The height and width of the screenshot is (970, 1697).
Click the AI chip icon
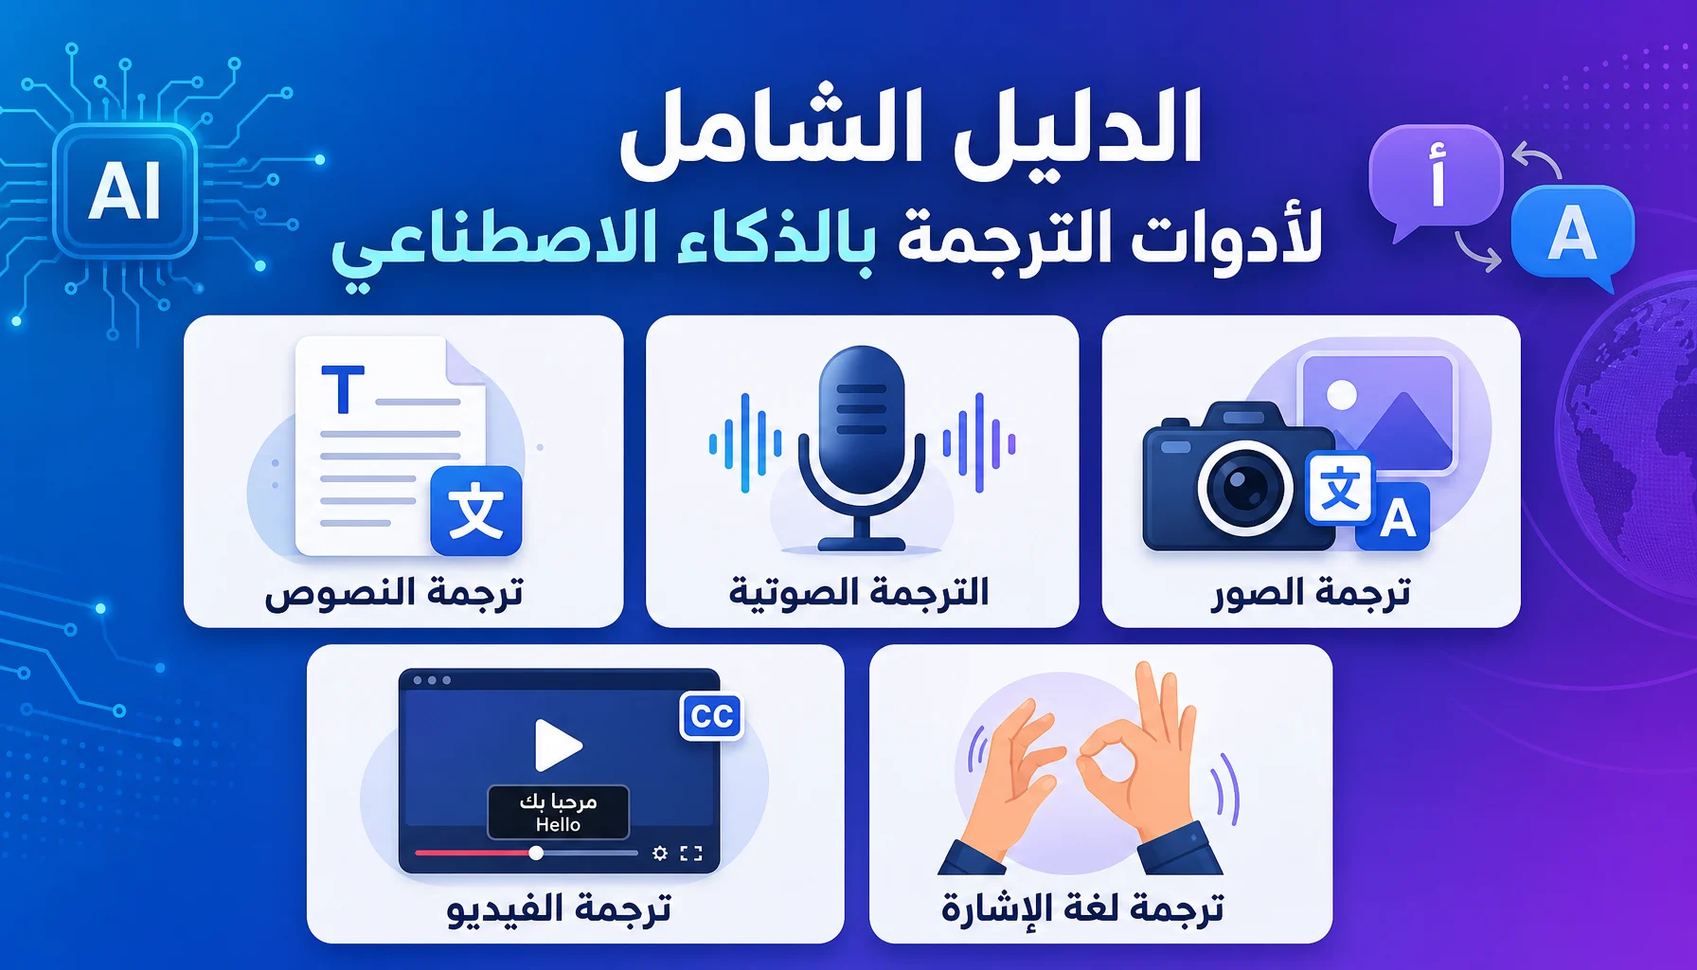125,190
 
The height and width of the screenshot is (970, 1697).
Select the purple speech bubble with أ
1435,180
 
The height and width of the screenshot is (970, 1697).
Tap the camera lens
1245,488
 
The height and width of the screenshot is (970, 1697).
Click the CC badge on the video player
712,716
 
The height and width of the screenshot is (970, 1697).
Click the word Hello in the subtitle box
558,825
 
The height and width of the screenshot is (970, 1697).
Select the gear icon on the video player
660,853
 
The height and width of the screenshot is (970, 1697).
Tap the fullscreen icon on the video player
692,853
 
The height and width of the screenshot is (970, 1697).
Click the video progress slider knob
536,853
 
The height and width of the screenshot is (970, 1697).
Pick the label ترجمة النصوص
394,593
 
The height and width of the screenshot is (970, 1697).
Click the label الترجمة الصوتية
860,592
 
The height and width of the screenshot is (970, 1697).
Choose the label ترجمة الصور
1312,593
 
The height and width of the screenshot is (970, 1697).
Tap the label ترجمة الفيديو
559,908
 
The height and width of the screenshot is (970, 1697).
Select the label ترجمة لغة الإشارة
1082,908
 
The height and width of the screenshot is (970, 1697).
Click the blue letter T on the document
343,389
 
